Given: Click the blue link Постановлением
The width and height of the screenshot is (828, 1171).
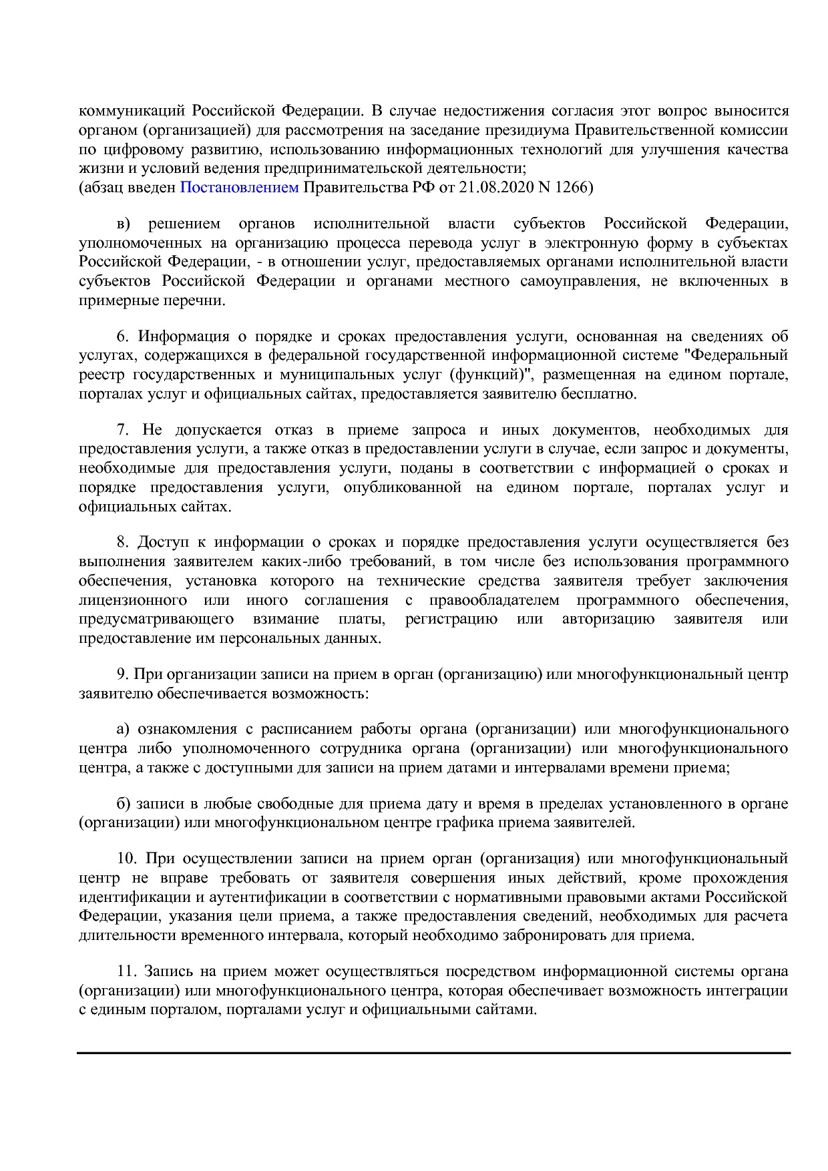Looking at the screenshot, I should [x=239, y=188].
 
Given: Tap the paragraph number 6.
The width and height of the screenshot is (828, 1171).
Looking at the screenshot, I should [x=122, y=336].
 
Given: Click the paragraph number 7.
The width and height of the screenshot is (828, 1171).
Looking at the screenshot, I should [x=122, y=429].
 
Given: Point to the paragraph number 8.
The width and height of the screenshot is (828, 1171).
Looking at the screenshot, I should [x=122, y=542].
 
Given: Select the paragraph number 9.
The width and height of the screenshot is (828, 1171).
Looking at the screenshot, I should [x=122, y=674].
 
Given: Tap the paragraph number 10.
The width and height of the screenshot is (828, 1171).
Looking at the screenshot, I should [x=125, y=858].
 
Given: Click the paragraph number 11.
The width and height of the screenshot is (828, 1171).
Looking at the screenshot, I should [x=125, y=971].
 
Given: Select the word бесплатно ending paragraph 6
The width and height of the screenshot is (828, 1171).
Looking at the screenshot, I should [x=603, y=394].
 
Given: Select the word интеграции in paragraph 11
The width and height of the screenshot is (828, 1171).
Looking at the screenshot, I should [x=750, y=990].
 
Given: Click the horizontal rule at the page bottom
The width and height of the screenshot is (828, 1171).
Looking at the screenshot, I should [x=433, y=1053].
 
